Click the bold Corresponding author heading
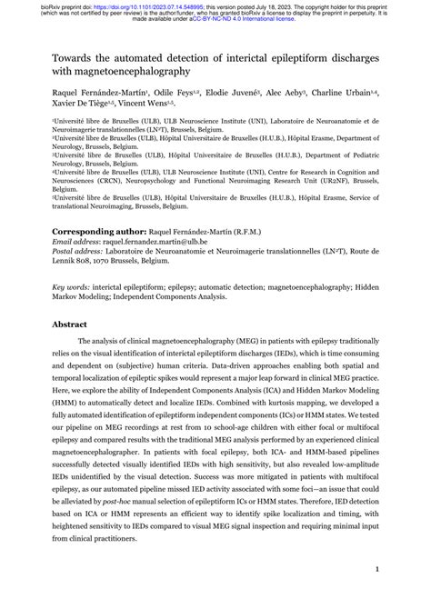[103, 231]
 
